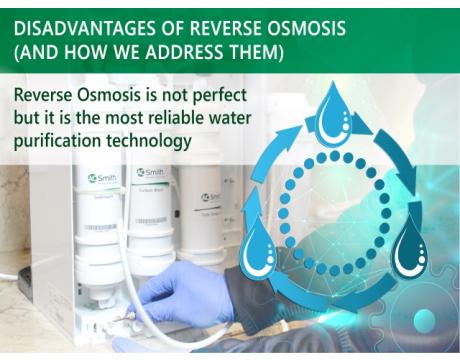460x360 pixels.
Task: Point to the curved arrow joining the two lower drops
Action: click(336, 300)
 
